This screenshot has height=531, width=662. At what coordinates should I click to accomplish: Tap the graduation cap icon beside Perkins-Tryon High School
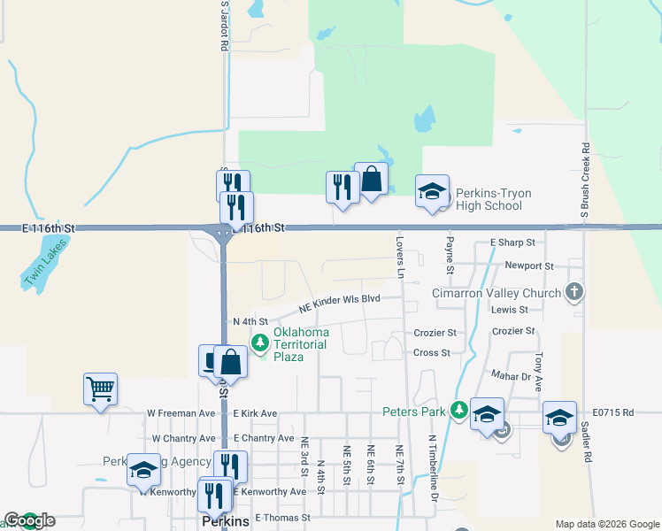pyautogui.click(x=432, y=192)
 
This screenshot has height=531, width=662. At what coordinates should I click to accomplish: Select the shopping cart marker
pyautogui.click(x=100, y=389)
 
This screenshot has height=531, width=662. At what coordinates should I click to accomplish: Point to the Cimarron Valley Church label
pyautogui.click(x=496, y=294)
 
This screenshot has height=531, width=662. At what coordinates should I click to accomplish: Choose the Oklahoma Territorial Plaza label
pyautogui.click(x=300, y=344)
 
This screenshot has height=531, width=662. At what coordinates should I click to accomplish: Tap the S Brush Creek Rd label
pyautogui.click(x=585, y=182)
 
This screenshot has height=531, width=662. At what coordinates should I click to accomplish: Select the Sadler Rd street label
pyautogui.click(x=586, y=439)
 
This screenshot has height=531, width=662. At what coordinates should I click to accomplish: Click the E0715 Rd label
pyautogui.click(x=614, y=412)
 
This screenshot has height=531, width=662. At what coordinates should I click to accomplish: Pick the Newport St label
pyautogui.click(x=528, y=265)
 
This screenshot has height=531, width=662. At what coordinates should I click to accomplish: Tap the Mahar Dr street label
pyautogui.click(x=512, y=377)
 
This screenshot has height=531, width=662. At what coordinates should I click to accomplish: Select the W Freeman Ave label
pyautogui.click(x=181, y=413)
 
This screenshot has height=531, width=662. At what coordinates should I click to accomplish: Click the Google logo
pyautogui.click(x=29, y=520)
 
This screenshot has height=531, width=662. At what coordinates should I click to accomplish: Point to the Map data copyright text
pyautogui.click(x=605, y=524)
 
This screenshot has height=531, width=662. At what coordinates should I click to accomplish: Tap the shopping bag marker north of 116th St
pyautogui.click(x=372, y=180)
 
